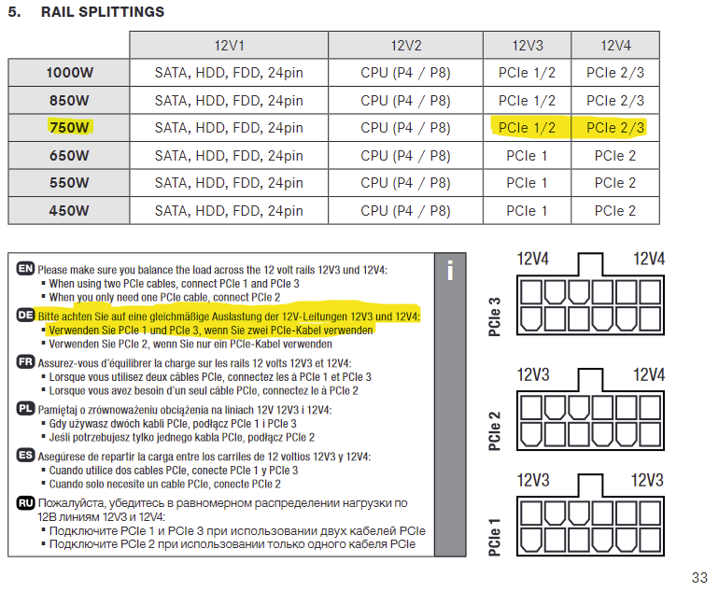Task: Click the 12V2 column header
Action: (x=405, y=46)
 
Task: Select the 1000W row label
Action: (x=69, y=73)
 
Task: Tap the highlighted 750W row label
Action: (x=69, y=127)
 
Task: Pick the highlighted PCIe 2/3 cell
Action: (x=615, y=128)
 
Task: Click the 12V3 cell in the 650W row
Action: (x=527, y=155)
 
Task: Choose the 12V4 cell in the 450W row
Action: (x=615, y=210)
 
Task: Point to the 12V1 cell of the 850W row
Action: (x=229, y=101)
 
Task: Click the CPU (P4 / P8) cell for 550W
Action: (x=405, y=183)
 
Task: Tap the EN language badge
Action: (x=26, y=268)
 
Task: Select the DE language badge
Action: (x=26, y=315)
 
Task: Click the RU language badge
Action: (x=26, y=503)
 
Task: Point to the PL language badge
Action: (x=26, y=408)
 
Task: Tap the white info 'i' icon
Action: (x=450, y=270)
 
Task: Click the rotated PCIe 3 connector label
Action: (x=494, y=317)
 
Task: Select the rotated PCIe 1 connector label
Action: (x=494, y=538)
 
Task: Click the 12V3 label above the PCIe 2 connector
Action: (x=533, y=375)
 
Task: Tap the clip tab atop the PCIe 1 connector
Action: (x=590, y=485)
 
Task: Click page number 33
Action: (x=699, y=577)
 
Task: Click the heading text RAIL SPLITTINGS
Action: (x=103, y=12)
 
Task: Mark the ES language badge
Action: (x=26, y=456)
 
